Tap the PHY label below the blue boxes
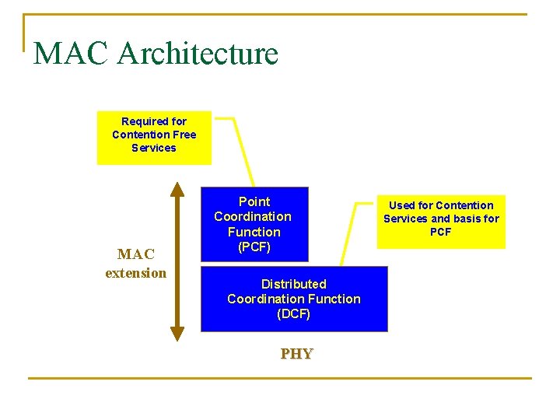click(x=296, y=354)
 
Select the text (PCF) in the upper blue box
click(x=254, y=247)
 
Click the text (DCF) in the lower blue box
click(x=293, y=314)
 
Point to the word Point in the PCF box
click(x=254, y=201)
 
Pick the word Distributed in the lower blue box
click(x=293, y=284)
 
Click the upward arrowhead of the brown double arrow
click(x=177, y=189)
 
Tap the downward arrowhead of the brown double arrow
click(x=177, y=334)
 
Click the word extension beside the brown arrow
click(x=136, y=273)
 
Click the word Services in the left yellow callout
click(x=154, y=148)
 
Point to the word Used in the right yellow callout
click(x=401, y=205)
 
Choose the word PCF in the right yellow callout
click(x=440, y=232)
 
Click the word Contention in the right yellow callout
click(x=464, y=205)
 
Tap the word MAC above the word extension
click(x=136, y=254)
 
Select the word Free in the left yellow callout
click(x=184, y=135)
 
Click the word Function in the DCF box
click(x=334, y=299)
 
